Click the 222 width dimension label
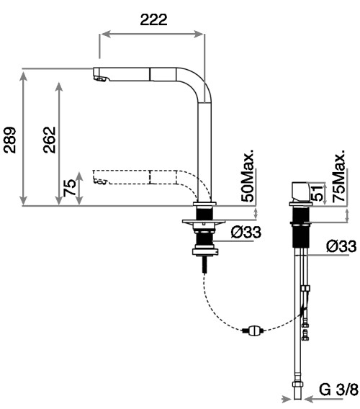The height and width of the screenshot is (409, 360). click(153, 19)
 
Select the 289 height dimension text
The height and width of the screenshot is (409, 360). click(9, 140)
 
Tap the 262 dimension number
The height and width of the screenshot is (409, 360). click(49, 140)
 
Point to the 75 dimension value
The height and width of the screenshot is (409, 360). click(70, 188)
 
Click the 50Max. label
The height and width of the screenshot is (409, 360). click(247, 176)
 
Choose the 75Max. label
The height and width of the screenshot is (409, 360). click(339, 176)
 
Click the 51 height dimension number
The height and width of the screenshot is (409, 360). click(316, 193)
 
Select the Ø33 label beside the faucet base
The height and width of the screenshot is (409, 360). click(246, 232)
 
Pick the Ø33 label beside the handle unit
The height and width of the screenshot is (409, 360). click(341, 246)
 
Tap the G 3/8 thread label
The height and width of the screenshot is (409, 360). click(339, 390)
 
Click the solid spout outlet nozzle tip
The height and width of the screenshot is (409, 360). click(101, 78)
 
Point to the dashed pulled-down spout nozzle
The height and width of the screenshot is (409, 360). click(100, 181)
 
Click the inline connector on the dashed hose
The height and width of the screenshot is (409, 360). click(253, 331)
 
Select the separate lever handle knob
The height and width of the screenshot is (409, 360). click(300, 192)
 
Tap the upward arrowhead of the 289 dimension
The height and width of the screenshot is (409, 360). click(24, 76)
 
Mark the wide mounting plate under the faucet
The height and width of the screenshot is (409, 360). click(204, 223)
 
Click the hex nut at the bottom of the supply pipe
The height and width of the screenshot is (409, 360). click(297, 385)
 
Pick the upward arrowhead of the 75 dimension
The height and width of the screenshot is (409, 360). click(79, 177)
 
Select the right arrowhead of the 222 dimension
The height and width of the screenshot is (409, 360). click(198, 34)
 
